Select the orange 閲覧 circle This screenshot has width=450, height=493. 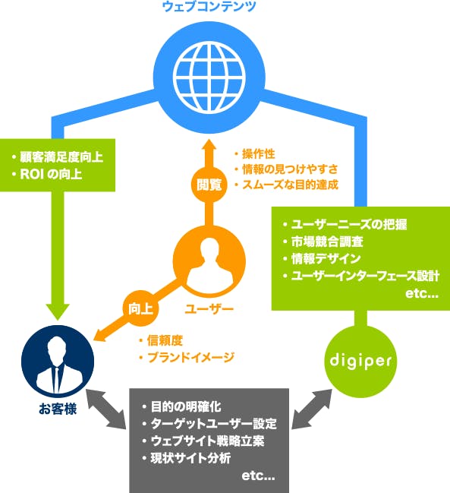[x=209, y=183]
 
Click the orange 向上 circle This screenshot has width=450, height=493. [x=139, y=308]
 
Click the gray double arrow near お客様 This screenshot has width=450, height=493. [x=106, y=410]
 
